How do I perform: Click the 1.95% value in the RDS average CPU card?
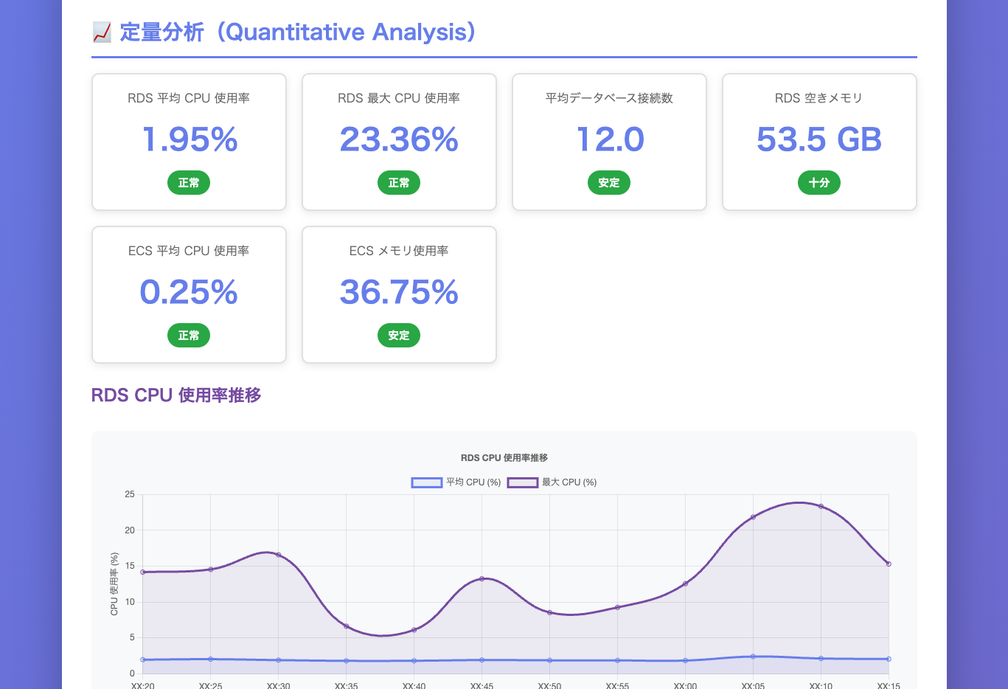(190, 140)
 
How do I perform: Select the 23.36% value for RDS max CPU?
(399, 140)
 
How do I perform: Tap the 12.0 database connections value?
(610, 140)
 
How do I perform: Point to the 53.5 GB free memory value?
(819, 140)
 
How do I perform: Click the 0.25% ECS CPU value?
(189, 293)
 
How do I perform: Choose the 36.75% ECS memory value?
(399, 293)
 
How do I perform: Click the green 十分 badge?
(819, 183)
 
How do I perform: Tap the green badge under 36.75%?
(399, 336)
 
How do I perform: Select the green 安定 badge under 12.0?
(609, 183)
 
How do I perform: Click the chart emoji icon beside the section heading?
(102, 32)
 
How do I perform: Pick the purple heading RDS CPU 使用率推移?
(176, 395)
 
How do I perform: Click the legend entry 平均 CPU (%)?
(456, 482)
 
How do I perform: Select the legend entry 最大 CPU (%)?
(552, 482)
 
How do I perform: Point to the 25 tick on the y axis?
(130, 494)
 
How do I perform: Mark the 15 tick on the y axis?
(130, 566)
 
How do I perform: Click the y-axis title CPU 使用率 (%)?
(114, 584)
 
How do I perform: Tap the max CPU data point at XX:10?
(821, 507)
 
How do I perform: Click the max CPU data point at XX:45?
(482, 578)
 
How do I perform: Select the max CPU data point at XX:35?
(346, 626)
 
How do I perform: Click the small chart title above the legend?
(504, 458)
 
